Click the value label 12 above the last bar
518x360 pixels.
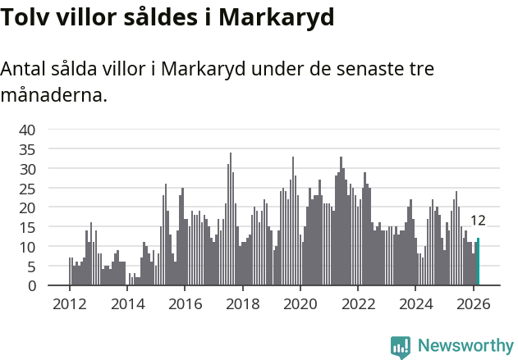coord(478,221)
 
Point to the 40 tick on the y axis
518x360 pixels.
coord(27,130)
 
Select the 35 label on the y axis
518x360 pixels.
coord(27,149)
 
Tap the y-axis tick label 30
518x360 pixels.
coord(27,169)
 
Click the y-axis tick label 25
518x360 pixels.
coord(27,189)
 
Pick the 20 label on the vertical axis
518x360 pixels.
coord(27,207)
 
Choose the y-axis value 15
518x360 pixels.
coord(27,227)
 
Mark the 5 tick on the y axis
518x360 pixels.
coord(31,267)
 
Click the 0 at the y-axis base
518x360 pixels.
coord(31,286)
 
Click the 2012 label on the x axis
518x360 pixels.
coord(69,303)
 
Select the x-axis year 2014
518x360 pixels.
coord(127,303)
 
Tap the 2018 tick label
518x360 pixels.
coord(242,303)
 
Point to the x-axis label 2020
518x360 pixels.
coord(300,303)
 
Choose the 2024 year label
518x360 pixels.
coord(415,303)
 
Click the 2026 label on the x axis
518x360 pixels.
coord(473,303)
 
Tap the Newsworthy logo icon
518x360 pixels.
coord(401,347)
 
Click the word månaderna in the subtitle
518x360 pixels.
coord(52,95)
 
